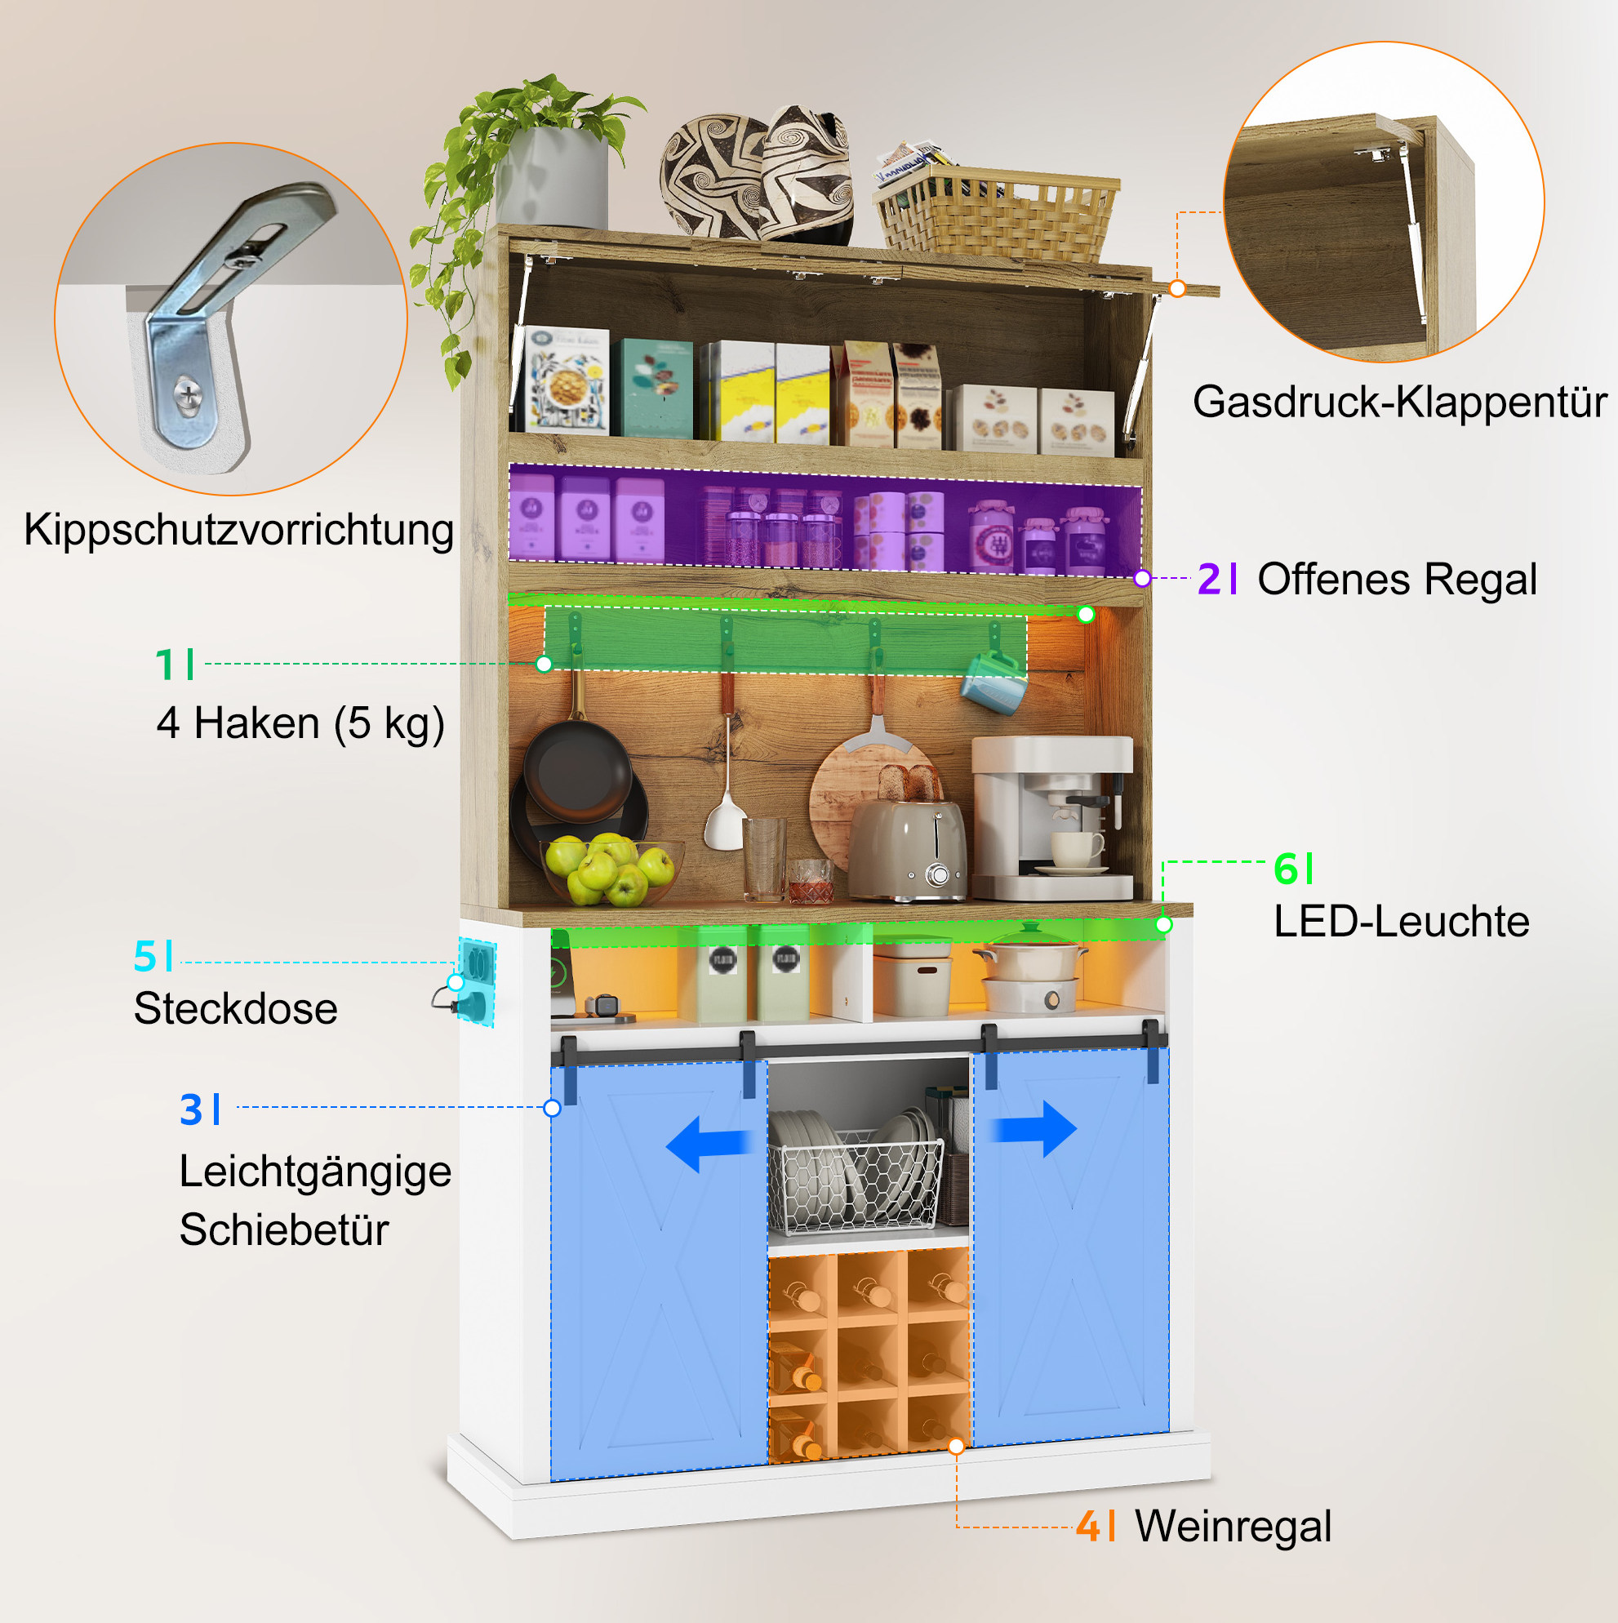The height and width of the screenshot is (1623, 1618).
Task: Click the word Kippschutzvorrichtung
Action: click(238, 531)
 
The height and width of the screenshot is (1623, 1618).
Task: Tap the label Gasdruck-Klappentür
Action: click(1399, 402)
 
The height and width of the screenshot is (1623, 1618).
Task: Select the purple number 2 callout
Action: click(1209, 579)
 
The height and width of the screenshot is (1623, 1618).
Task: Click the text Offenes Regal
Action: click(1397, 580)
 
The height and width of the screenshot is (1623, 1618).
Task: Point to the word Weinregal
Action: click(1234, 1526)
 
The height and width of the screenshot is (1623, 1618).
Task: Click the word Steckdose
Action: click(235, 1008)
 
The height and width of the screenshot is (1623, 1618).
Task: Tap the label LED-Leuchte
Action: click(1401, 922)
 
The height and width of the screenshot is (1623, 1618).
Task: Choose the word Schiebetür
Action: click(284, 1229)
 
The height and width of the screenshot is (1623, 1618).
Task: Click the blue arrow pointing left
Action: click(709, 1144)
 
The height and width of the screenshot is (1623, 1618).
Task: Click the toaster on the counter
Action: click(907, 848)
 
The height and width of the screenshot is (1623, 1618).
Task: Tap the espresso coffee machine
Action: click(1051, 818)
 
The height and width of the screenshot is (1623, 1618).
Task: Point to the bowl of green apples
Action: click(611, 871)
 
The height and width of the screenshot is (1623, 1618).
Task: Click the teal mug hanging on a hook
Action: click(994, 682)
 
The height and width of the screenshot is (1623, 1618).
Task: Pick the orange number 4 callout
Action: click(1089, 1526)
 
